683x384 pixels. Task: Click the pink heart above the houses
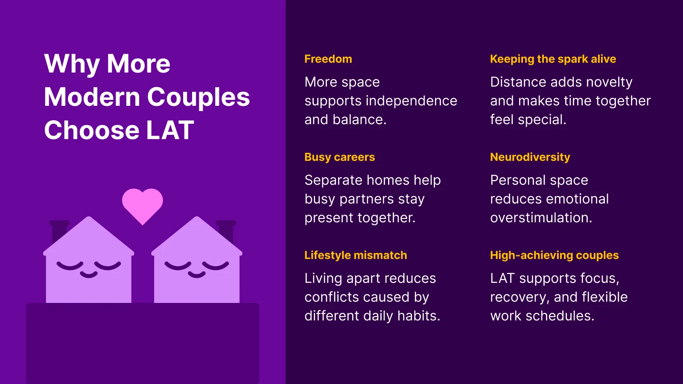point(142,205)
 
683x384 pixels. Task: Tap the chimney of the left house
point(59,230)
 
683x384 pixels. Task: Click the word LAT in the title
point(170,130)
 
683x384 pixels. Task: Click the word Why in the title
point(72,64)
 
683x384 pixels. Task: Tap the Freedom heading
point(328,59)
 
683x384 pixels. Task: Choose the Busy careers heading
point(339,157)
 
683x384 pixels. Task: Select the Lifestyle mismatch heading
point(355,255)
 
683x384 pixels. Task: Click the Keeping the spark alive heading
point(553,59)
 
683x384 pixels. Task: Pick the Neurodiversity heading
point(530,157)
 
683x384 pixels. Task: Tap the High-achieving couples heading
point(554,255)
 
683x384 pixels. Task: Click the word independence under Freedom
point(411,101)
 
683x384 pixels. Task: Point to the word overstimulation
point(541,218)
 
